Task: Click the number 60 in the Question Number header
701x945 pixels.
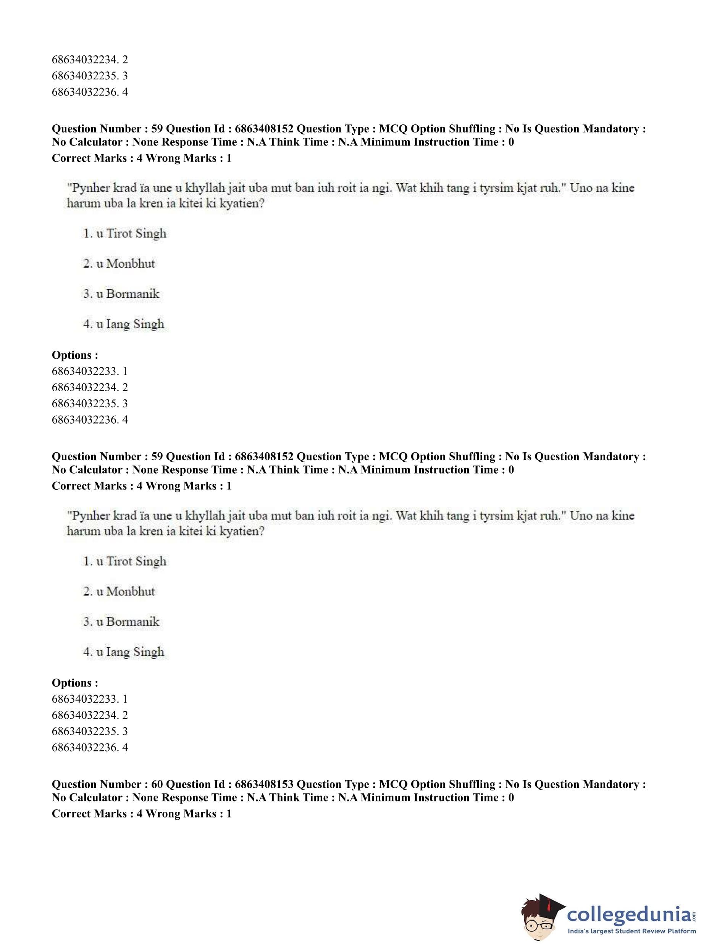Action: tap(157, 784)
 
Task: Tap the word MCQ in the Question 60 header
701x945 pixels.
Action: tap(393, 784)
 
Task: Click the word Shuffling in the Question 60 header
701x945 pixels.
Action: tap(472, 784)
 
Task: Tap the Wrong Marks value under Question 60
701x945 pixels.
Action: tap(229, 813)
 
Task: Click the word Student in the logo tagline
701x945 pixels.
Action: tap(640, 931)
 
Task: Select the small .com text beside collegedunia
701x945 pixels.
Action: tap(694, 914)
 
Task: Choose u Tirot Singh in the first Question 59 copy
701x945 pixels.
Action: tap(132, 234)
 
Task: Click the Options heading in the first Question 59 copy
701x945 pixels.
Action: tap(75, 355)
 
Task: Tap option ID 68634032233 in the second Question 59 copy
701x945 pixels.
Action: tap(85, 699)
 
